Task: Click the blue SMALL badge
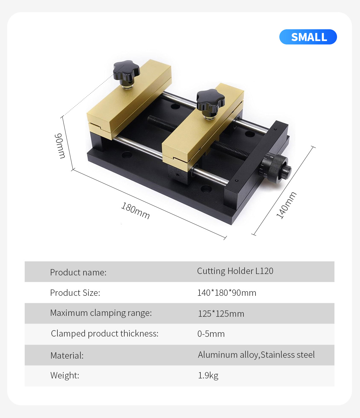308,37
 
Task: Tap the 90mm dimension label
60,146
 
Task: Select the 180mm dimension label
136,211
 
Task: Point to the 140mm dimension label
286,205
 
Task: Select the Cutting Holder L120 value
235,271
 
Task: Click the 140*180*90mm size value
227,293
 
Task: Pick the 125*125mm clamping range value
221,314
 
